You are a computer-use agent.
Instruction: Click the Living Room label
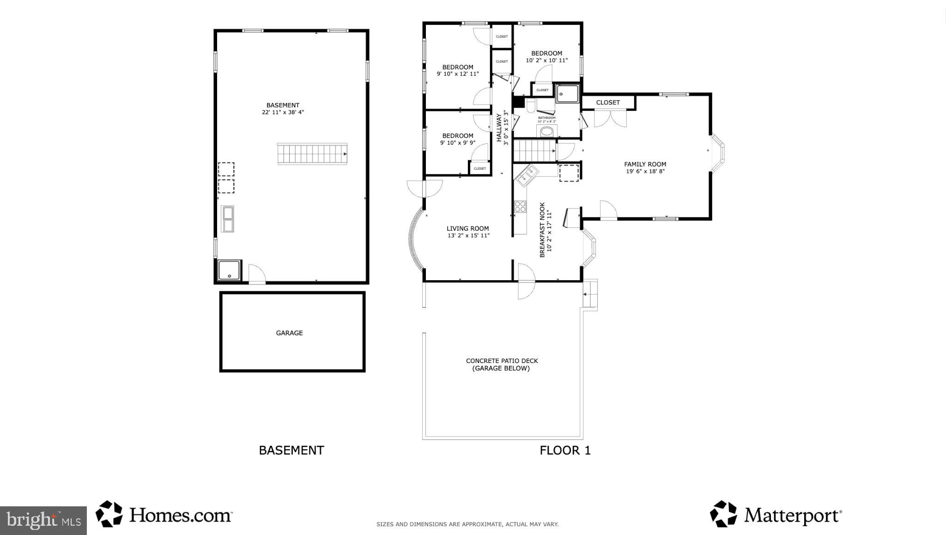pos(467,228)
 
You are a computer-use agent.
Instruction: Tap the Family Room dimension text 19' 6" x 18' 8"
pos(645,172)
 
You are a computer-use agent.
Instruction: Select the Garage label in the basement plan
pos(289,333)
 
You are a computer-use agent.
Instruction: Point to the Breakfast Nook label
pos(543,229)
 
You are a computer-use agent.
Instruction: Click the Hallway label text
pos(499,128)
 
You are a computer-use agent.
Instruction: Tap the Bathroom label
pos(546,118)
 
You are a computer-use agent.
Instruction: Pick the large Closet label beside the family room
pos(607,103)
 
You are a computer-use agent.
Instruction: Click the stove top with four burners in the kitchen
pos(520,206)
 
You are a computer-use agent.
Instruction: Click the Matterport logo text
pos(792,515)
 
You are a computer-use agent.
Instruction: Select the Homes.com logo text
pos(180,515)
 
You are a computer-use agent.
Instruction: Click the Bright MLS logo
pos(43,521)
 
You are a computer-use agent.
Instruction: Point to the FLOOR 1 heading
pos(565,450)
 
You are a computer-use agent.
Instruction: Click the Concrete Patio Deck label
pos(502,364)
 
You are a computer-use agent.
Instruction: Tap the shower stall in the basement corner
pos(229,270)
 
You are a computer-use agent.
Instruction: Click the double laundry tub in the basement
pos(228,219)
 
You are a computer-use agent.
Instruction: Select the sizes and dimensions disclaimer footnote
pos(467,524)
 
